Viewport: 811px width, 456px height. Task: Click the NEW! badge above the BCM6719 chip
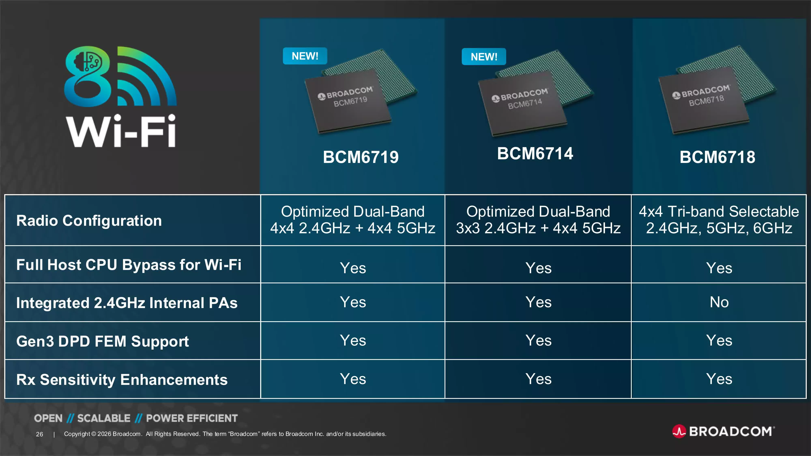point(305,56)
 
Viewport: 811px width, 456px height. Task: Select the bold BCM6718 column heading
point(717,157)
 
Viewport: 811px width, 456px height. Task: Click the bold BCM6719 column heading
point(361,157)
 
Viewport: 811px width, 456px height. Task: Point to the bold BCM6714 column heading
point(535,154)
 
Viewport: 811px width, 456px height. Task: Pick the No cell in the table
point(719,302)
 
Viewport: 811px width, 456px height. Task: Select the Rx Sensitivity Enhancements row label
point(122,380)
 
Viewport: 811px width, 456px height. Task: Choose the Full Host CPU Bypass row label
point(129,265)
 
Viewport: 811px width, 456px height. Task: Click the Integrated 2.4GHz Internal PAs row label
point(127,303)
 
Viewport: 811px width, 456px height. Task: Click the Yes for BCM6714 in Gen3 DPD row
point(538,340)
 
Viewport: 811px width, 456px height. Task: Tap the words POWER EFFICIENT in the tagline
point(192,418)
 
